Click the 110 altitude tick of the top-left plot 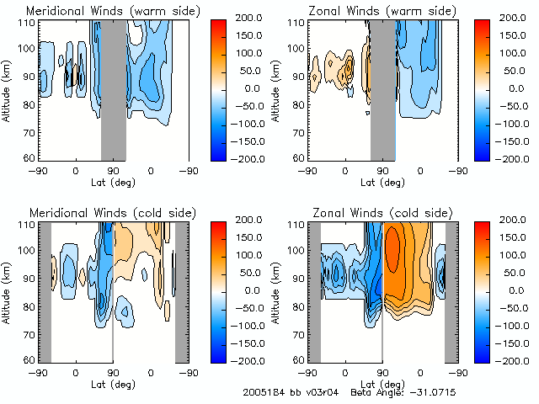pos(29,23)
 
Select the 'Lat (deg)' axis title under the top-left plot pos(113,181)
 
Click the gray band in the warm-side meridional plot pos(114,88)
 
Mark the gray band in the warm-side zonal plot pos(382,88)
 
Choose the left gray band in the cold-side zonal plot pos(314,290)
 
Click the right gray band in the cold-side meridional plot pos(181,290)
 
